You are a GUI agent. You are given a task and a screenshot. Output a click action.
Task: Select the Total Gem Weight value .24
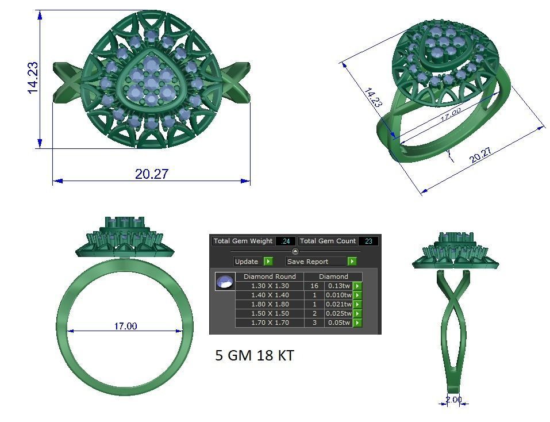click(285, 241)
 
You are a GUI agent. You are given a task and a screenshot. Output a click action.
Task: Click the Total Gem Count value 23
click(368, 241)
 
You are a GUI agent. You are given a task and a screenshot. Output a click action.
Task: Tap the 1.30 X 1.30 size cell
click(270, 286)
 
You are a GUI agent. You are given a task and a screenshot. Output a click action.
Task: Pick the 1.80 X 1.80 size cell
click(270, 304)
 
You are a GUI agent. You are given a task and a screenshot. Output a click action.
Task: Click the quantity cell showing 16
click(314, 286)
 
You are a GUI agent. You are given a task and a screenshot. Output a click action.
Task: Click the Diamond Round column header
click(270, 277)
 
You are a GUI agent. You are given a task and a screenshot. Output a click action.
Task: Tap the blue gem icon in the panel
click(225, 282)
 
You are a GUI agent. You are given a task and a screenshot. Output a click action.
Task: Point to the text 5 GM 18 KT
click(255, 356)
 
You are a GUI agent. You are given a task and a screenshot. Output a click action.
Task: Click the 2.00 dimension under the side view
click(453, 400)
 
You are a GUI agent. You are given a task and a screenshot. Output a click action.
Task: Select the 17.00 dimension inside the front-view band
click(125, 326)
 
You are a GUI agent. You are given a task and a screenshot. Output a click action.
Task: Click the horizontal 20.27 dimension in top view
click(152, 174)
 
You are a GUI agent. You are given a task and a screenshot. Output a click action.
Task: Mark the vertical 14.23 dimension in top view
click(33, 77)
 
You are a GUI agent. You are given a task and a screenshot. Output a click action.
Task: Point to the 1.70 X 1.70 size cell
click(270, 323)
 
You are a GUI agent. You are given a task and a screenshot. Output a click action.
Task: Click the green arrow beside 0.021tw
click(357, 304)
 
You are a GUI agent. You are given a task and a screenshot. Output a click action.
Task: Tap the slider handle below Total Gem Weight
click(295, 251)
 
